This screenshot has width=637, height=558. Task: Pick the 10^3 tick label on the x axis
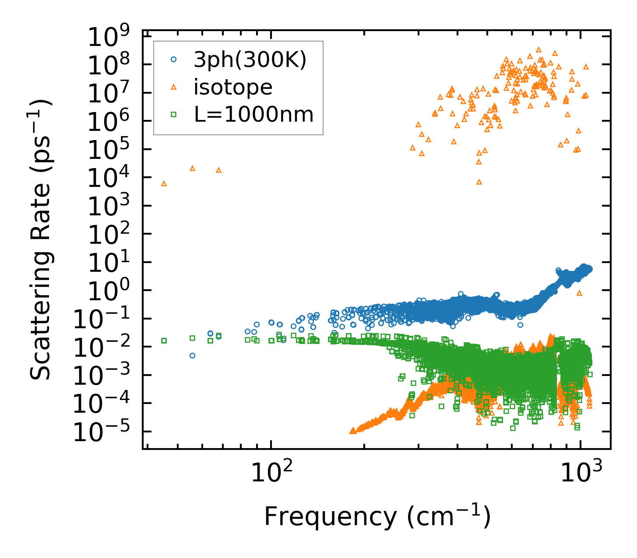coord(581,473)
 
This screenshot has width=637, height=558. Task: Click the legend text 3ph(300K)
coord(250,60)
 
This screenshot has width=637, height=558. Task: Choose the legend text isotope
coord(233,87)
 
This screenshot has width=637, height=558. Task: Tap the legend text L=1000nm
coord(253,114)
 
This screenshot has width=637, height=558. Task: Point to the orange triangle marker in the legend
coord(173,88)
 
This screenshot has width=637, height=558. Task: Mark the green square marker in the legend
coord(173,114)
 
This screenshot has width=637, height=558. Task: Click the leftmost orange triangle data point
coord(164,184)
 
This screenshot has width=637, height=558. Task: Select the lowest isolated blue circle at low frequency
coord(192,355)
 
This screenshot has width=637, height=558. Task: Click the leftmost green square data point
coord(164,340)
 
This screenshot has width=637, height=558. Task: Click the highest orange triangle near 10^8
coord(538,49)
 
